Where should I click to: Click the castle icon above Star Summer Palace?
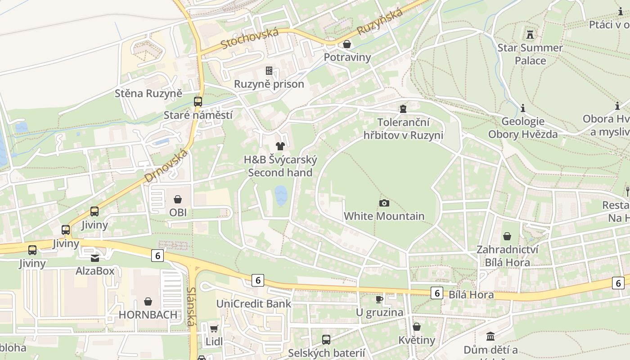point(530,34)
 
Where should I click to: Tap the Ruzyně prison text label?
point(269,84)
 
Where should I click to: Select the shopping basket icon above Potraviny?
point(347,44)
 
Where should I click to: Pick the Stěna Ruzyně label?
point(148,94)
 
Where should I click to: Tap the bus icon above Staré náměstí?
point(198,102)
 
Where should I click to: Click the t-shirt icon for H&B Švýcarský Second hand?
point(280,146)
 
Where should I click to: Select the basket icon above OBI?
point(178,199)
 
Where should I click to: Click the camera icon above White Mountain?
point(384,203)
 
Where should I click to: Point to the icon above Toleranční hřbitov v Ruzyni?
point(403,108)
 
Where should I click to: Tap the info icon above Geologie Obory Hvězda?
point(523,108)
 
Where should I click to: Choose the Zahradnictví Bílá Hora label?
point(507,256)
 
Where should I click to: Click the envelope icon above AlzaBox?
point(95,258)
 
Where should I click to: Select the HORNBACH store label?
point(148,315)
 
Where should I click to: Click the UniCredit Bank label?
point(254,304)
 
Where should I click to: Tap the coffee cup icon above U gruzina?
point(379,299)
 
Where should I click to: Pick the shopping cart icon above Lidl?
point(214,328)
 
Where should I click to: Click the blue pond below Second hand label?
point(281,196)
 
